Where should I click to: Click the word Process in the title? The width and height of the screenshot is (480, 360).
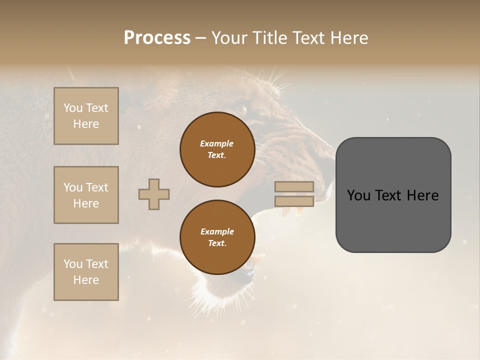click(x=157, y=38)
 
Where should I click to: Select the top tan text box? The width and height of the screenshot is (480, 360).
click(x=86, y=116)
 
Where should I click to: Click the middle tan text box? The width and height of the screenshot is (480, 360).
click(x=86, y=195)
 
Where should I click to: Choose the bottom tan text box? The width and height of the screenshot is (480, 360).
click(x=86, y=272)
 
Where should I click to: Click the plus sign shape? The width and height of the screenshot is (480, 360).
click(x=154, y=194)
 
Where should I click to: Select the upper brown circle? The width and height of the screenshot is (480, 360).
click(x=217, y=149)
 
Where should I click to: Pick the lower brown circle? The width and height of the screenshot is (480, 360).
click(x=217, y=237)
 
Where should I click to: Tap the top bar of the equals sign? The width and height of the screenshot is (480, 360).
click(x=294, y=186)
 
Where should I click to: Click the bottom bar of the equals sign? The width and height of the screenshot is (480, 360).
click(x=294, y=201)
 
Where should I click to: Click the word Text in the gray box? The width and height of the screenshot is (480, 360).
click(x=392, y=195)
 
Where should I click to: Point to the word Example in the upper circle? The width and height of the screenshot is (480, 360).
click(x=217, y=143)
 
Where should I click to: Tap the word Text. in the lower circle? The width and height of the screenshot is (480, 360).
click(x=217, y=243)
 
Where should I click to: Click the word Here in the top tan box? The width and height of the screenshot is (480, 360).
click(x=86, y=124)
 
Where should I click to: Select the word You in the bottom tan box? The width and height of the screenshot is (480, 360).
click(x=73, y=264)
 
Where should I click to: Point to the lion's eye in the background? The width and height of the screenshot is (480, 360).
click(x=242, y=109)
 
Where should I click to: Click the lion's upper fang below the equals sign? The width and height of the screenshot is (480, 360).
click(x=286, y=212)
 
